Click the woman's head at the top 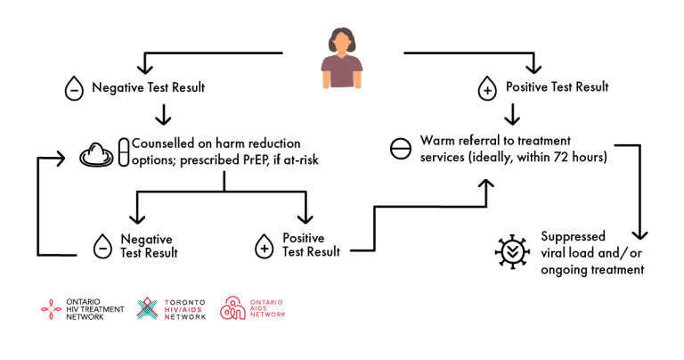342,41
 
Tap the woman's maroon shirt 342,70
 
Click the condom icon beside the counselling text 96,154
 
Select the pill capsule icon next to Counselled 124,151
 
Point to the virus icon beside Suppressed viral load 513,251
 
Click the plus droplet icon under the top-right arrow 487,88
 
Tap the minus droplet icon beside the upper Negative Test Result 74,88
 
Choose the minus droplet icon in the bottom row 102,246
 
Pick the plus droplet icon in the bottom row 264,246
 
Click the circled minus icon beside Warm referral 401,149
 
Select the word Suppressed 573,236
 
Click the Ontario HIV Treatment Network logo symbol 51,309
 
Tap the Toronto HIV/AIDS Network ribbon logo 148,308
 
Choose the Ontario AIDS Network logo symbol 232,308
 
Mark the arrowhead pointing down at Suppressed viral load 640,234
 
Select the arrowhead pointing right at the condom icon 60,158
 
